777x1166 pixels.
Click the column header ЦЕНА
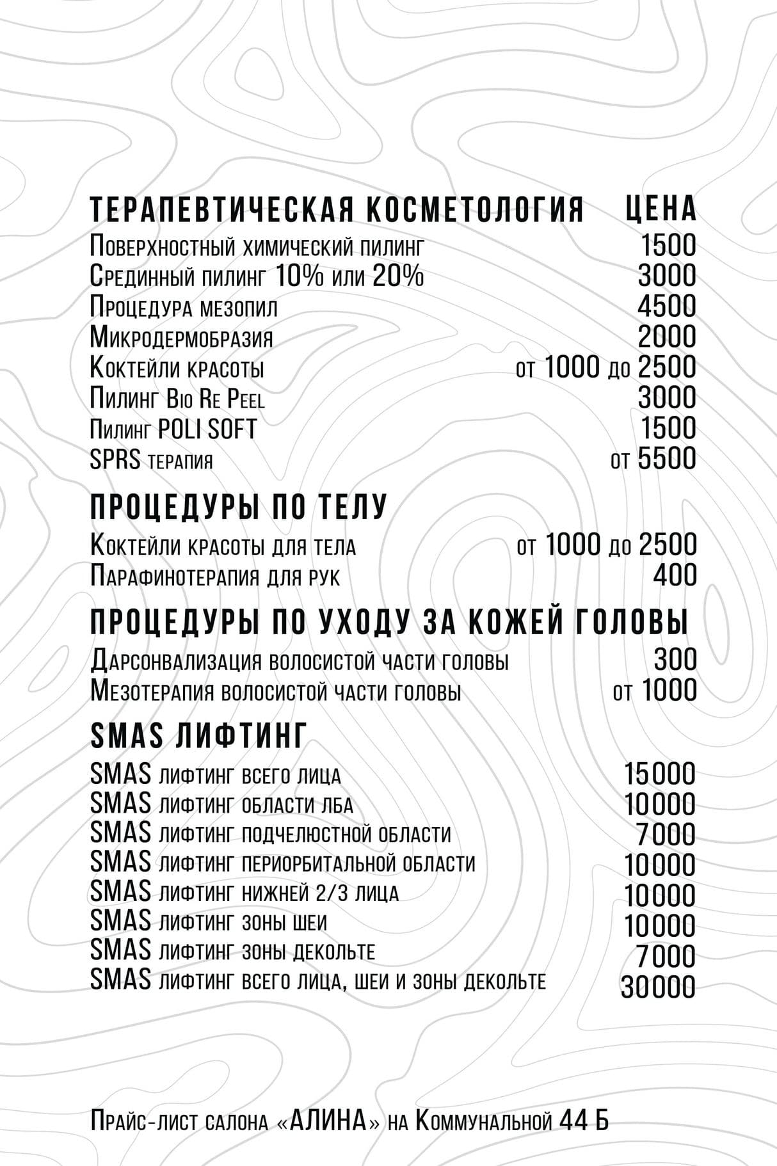pyautogui.click(x=660, y=209)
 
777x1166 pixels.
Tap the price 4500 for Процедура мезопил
pyautogui.click(x=666, y=306)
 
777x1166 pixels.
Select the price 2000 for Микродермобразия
pyautogui.click(x=666, y=337)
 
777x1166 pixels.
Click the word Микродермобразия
pyautogui.click(x=181, y=337)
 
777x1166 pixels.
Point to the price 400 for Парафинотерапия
pyautogui.click(x=675, y=575)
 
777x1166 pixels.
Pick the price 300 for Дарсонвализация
pyautogui.click(x=675, y=660)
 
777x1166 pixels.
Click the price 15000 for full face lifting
pyautogui.click(x=659, y=774)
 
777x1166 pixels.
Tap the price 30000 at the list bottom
pyautogui.click(x=658, y=987)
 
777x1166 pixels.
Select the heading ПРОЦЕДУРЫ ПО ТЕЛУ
pyautogui.click(x=239, y=507)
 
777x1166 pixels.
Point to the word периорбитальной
pyautogui.click(x=319, y=863)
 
